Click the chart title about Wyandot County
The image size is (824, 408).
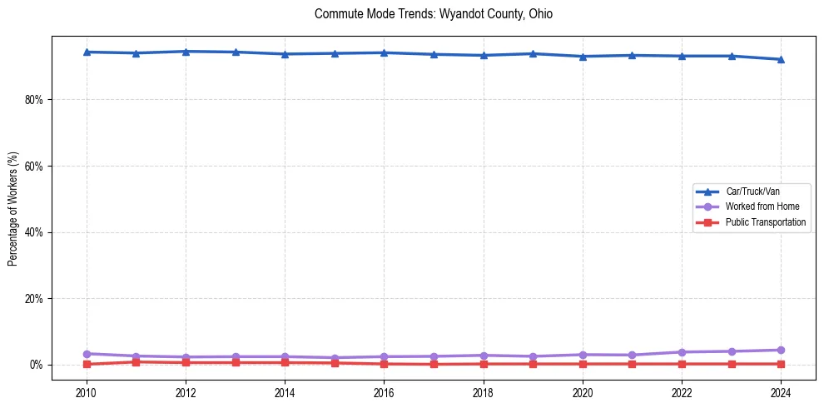[434, 14]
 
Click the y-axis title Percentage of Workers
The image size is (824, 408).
[12, 208]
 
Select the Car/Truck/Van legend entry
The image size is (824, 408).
[752, 192]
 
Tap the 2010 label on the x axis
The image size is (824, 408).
[87, 391]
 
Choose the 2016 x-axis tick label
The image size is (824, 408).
[384, 391]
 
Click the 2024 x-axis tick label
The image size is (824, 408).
[781, 391]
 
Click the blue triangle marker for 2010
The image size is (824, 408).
[87, 52]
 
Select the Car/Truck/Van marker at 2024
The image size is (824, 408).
[781, 59]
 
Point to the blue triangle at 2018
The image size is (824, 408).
[484, 55]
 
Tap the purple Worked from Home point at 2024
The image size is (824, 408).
[781, 350]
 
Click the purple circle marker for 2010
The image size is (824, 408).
[87, 354]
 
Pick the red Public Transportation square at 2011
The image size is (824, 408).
[137, 361]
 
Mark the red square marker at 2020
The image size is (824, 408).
[583, 364]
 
